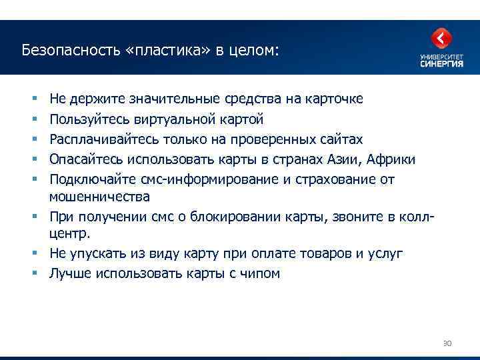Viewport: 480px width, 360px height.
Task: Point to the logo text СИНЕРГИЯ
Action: (x=441, y=64)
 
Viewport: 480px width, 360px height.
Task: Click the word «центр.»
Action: (x=70, y=234)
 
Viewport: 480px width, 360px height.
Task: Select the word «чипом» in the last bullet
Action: (x=261, y=274)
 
